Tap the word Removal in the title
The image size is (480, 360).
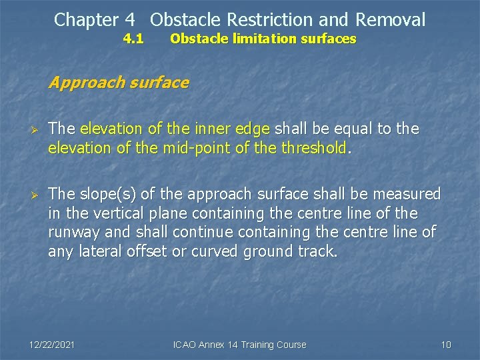point(391,20)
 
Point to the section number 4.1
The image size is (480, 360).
point(134,39)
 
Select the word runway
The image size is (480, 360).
point(72,233)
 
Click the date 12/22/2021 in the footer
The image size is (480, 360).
point(53,345)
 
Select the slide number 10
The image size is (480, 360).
point(446,345)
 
